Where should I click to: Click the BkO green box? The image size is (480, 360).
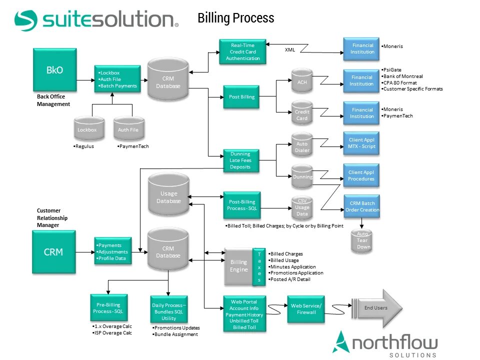click(x=55, y=69)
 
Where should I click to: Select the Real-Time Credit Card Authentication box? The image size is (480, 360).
click(x=242, y=52)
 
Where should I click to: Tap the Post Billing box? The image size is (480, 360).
click(x=241, y=97)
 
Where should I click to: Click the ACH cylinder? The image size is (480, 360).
click(x=302, y=82)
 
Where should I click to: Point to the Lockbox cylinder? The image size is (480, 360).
click(x=87, y=129)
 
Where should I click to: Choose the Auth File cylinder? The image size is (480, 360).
click(x=128, y=129)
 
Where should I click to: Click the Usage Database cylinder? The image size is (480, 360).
click(x=168, y=194)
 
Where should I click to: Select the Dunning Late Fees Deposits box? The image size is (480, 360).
click(x=240, y=160)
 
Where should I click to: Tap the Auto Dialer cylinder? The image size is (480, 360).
click(x=302, y=146)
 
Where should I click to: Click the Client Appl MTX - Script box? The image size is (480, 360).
click(x=361, y=143)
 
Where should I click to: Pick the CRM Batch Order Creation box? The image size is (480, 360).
click(x=362, y=206)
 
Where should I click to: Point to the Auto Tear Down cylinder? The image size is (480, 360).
click(x=363, y=240)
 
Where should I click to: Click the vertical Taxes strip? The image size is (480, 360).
click(x=259, y=266)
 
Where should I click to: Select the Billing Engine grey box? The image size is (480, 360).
click(x=238, y=266)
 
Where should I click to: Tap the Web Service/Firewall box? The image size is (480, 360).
click(x=306, y=309)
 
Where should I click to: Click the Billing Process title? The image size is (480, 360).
click(x=236, y=18)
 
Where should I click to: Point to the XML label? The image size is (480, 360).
click(x=290, y=50)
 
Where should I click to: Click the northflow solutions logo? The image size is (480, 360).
click(x=385, y=344)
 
